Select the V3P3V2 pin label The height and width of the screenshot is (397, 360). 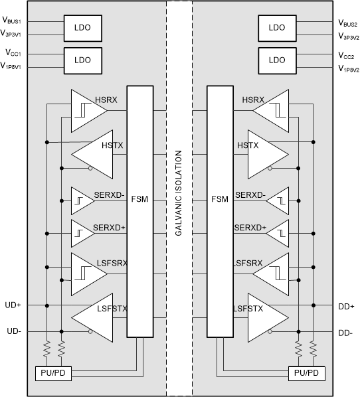pos(349,36)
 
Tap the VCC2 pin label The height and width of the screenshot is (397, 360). pos(347,56)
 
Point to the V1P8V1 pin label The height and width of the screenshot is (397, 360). pos(12,68)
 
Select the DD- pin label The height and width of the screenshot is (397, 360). pos(345,331)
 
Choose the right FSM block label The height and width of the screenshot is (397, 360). pos(220,198)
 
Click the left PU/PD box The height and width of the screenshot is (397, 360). pos(54,373)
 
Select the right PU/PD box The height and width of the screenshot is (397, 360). pos(307,373)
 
